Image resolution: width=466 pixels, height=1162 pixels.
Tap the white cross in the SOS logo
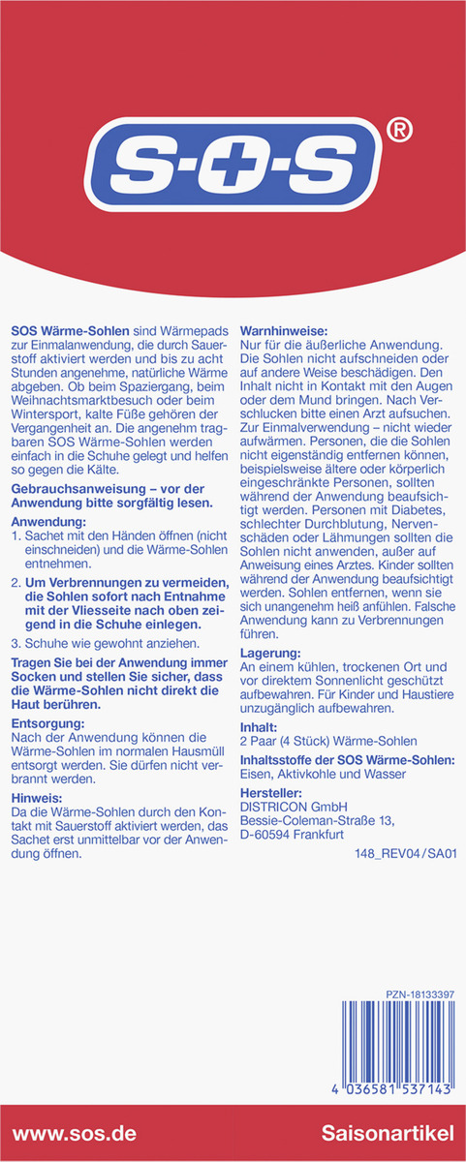(233, 172)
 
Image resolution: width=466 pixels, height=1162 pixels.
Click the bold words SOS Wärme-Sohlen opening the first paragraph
(69, 331)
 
